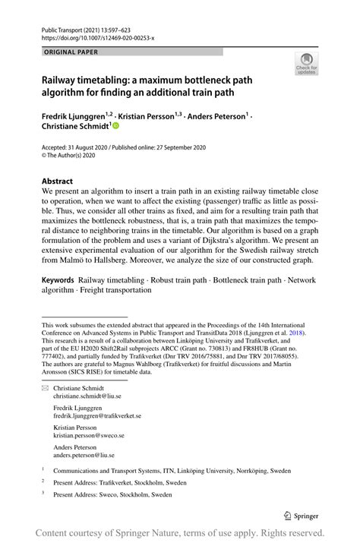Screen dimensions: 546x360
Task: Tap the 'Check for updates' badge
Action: coord(308,64)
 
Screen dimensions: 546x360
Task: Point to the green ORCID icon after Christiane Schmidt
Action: coord(116,128)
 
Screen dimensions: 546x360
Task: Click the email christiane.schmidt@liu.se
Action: coord(87,396)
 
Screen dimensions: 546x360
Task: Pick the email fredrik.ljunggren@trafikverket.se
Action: coord(97,416)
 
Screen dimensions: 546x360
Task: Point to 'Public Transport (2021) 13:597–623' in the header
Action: coord(79,27)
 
